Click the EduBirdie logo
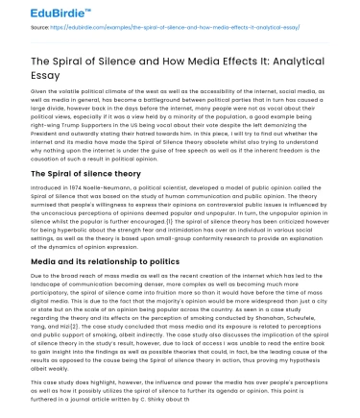pyautogui.click(x=36, y=12)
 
